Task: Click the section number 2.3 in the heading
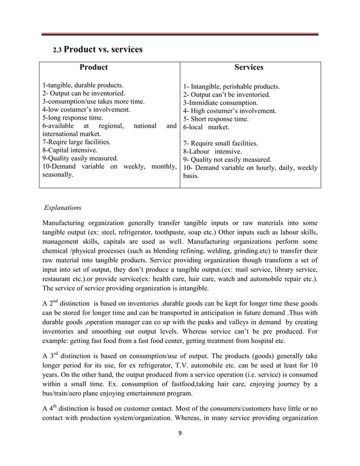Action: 58,51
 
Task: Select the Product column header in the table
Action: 94,67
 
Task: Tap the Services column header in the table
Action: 249,67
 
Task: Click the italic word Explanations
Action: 63,208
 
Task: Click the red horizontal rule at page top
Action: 180,35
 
